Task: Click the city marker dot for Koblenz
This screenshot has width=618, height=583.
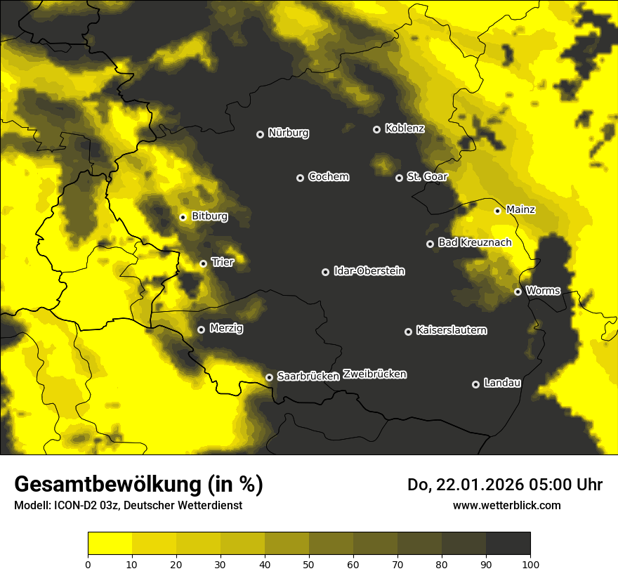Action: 376,129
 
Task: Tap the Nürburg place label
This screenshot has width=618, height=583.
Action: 288,133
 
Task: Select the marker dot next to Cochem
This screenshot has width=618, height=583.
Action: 300,178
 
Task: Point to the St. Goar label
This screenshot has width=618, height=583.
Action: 427,177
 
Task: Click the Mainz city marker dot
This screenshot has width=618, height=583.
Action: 497,211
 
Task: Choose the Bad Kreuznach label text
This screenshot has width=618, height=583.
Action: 475,243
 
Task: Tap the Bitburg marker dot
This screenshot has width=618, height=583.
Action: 183,217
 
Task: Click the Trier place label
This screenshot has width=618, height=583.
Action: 223,263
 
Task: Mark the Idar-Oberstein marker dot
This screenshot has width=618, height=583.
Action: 325,272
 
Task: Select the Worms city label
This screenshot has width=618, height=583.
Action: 543,291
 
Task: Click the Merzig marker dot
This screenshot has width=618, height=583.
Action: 201,329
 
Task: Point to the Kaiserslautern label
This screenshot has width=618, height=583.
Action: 452,330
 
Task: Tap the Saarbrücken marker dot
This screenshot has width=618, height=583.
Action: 269,377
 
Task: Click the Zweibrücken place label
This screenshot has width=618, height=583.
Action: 374,374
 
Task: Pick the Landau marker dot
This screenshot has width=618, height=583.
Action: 475,384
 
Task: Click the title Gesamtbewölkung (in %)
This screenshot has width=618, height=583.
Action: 138,485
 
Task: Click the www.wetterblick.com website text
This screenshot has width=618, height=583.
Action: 507,505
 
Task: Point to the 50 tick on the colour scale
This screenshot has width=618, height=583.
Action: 309,564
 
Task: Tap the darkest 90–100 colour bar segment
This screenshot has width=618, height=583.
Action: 508,544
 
